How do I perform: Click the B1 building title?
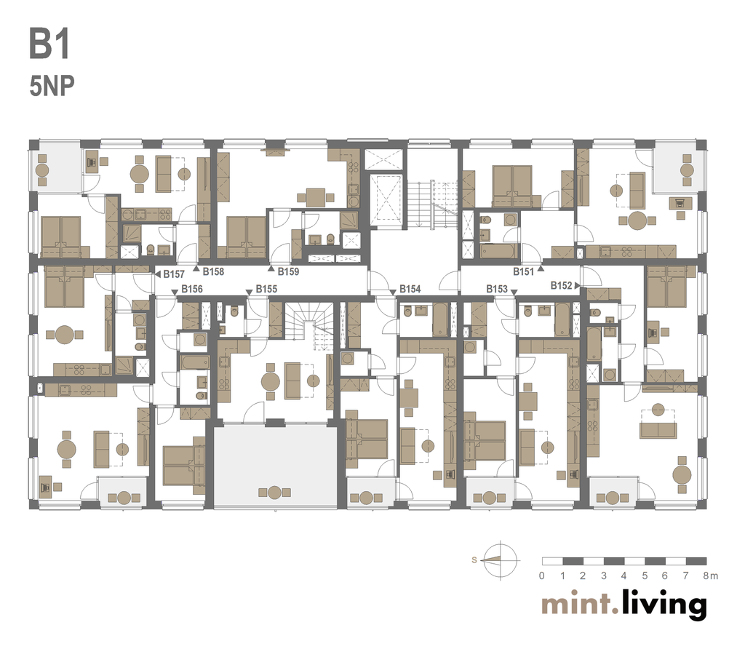point(50,44)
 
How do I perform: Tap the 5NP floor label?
point(52,87)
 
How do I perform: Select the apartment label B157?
point(174,274)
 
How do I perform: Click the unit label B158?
point(213,272)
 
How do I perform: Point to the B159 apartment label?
point(288,272)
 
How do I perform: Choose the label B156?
point(192,289)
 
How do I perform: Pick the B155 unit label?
point(266,289)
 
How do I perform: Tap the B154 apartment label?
point(410,289)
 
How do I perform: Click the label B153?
point(497,289)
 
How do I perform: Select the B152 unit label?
point(562,285)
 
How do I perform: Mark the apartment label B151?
point(524,272)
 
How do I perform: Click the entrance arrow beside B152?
point(577,285)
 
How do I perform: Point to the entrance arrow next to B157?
point(158,274)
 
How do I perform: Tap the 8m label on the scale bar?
point(711,576)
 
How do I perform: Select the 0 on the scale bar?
point(541,576)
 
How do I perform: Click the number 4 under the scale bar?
point(624,576)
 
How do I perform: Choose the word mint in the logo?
point(576,605)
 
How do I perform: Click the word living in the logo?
point(664,605)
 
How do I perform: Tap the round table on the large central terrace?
point(274,493)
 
